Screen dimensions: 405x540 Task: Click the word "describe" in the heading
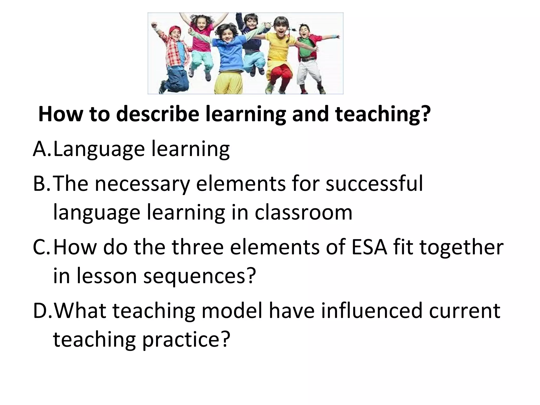157,114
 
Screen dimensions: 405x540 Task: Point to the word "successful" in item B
374,184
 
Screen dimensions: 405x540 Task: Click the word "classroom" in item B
303,213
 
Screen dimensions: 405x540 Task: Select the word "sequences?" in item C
200,276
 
